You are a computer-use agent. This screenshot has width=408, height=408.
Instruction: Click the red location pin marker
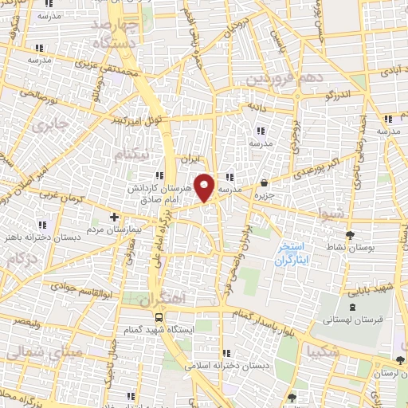206,186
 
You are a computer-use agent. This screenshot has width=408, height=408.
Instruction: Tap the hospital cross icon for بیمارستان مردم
114,216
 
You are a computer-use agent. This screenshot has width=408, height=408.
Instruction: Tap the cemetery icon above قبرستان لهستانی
353,308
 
